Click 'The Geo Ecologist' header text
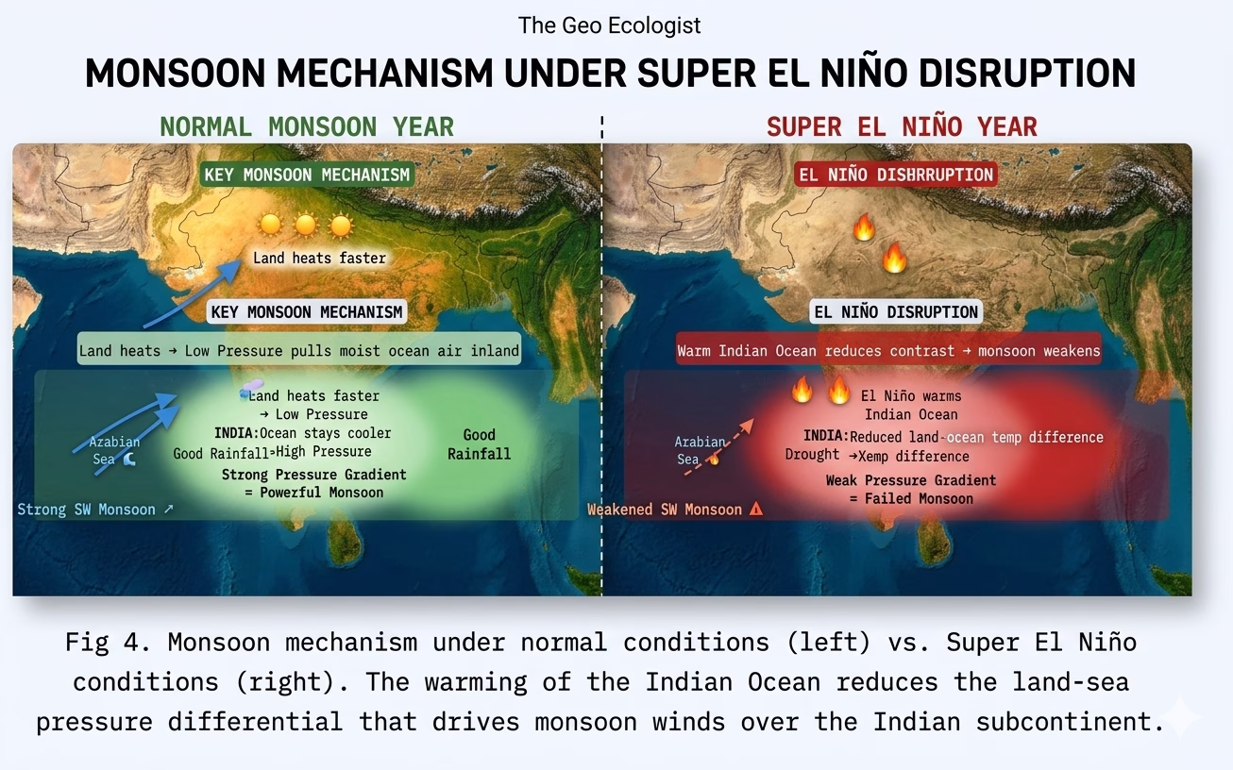click(x=609, y=25)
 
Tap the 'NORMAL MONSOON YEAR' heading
click(x=307, y=127)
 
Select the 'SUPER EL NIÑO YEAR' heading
click(x=902, y=127)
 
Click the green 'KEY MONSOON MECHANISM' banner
click(x=307, y=175)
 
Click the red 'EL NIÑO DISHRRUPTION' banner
click(x=896, y=175)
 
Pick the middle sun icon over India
click(x=306, y=225)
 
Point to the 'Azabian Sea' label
click(x=114, y=450)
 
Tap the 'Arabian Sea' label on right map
click(x=700, y=450)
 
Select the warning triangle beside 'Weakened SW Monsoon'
click(x=756, y=509)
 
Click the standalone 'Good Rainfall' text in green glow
click(x=479, y=444)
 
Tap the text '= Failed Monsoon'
click(x=911, y=499)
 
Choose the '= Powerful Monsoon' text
click(x=313, y=493)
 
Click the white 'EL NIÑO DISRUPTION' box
click(x=896, y=311)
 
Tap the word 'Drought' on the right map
click(x=812, y=454)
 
